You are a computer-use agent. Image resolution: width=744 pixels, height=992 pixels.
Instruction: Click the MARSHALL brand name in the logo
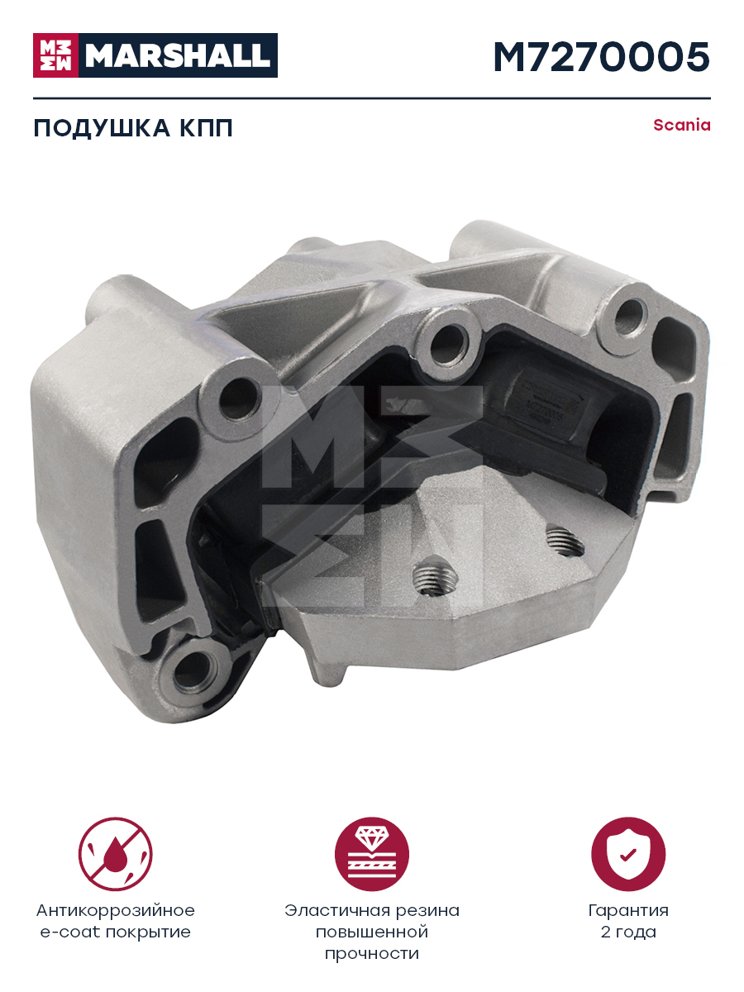click(x=178, y=55)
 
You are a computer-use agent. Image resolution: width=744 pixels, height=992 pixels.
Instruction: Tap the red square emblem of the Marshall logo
click(x=55, y=55)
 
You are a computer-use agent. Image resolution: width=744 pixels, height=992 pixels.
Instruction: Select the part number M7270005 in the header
click(x=602, y=57)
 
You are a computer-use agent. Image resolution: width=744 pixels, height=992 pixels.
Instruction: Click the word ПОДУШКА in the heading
click(x=102, y=128)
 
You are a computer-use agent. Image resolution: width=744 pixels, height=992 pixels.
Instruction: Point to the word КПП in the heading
click(x=207, y=128)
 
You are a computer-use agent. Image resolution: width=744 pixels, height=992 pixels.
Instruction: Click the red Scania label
click(x=682, y=125)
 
